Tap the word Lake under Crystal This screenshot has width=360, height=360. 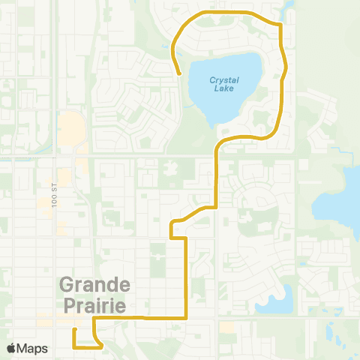[x=223, y=88]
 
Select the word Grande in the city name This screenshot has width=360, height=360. [x=94, y=286]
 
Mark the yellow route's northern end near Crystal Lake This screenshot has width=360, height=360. [x=179, y=73]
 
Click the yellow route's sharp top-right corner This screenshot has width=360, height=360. [x=280, y=25]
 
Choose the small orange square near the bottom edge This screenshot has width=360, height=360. [x=226, y=328]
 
